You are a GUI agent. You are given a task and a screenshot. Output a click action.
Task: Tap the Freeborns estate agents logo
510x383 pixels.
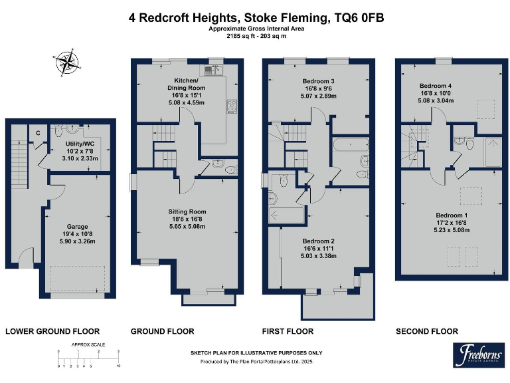477,355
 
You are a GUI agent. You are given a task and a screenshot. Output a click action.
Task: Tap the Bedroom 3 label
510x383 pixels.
318,80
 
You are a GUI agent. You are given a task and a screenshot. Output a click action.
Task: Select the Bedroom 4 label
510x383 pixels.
436,86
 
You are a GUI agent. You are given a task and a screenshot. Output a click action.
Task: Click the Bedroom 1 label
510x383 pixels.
452,215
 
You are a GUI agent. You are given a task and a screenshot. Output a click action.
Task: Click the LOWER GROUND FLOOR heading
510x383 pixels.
52,331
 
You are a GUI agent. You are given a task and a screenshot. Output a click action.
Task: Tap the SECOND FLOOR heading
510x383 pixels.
427,331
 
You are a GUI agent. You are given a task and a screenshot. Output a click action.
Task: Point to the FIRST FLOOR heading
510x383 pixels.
288,331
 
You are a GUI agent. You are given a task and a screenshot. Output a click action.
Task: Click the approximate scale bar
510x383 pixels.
88,359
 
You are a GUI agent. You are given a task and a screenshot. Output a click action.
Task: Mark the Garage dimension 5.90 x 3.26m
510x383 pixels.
77,242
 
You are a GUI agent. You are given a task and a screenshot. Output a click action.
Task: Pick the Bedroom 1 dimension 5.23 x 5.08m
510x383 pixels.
452,230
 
